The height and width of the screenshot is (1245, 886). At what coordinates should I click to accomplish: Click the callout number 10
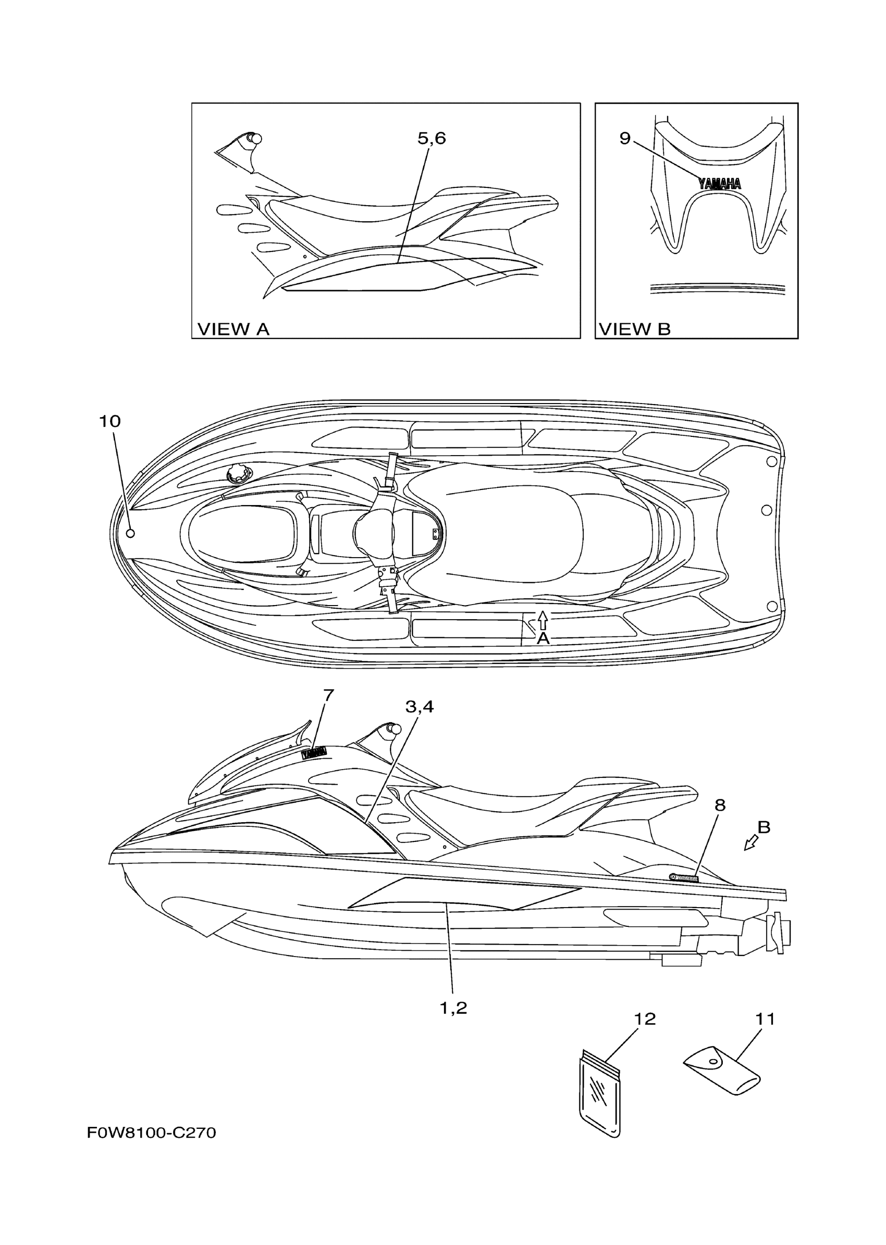[109, 421]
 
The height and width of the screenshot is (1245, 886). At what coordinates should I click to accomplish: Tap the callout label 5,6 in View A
[432, 139]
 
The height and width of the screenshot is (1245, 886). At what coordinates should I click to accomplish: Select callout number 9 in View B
[625, 139]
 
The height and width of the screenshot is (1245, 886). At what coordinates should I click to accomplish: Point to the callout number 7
[328, 696]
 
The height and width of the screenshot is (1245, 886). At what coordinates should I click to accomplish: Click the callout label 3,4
[419, 707]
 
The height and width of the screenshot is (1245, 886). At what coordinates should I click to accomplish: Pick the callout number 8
[720, 805]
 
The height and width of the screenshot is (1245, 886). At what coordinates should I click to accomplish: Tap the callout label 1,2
[453, 1009]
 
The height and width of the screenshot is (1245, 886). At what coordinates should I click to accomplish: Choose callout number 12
[645, 1020]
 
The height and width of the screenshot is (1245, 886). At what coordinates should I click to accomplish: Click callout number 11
[766, 1019]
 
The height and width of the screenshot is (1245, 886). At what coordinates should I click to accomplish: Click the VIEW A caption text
[233, 329]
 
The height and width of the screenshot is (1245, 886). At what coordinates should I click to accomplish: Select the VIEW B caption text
[635, 329]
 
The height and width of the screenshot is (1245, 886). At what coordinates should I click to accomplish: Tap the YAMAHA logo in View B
[720, 184]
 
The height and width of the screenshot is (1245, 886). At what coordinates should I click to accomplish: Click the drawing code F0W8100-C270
[152, 1133]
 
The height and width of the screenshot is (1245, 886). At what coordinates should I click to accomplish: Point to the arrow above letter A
[543, 620]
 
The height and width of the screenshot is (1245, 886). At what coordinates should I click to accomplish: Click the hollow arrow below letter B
[751, 843]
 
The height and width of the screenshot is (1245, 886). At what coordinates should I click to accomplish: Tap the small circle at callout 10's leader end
[130, 534]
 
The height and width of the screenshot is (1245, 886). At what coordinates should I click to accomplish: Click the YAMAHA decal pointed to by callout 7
[314, 753]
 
